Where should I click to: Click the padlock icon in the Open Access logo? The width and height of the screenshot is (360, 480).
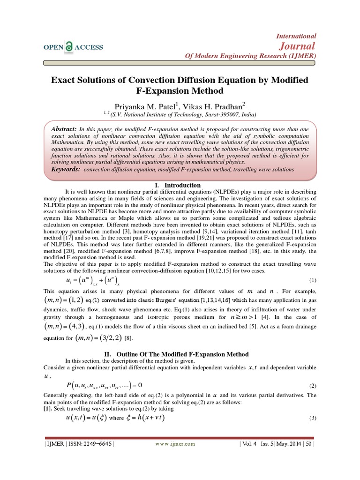69,47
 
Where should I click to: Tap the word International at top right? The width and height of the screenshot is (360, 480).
296,36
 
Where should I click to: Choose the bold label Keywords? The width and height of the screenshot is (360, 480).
65,169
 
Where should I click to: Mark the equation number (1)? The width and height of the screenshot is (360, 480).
313,280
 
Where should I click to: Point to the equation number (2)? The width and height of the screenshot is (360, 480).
313,386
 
